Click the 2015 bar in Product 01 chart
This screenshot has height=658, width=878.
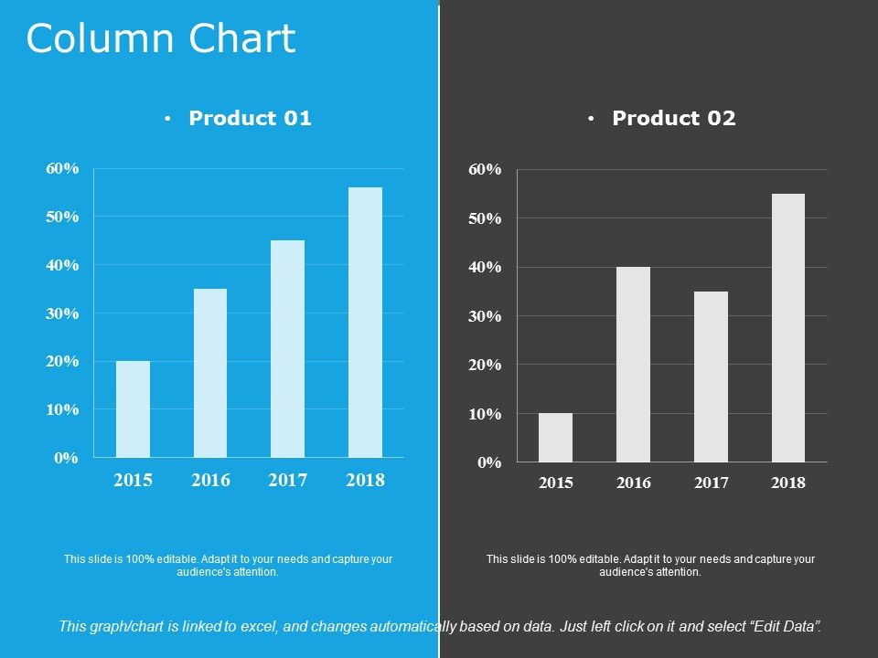click(133, 409)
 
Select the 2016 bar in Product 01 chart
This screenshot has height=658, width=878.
click(210, 373)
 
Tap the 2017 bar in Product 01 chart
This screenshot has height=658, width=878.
click(288, 349)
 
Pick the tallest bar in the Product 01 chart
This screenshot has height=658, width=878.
click(366, 323)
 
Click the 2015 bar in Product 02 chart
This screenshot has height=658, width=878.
click(555, 438)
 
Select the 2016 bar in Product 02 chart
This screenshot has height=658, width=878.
click(633, 365)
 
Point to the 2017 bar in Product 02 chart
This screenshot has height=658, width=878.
click(711, 377)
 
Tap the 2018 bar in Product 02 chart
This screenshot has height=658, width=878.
click(788, 328)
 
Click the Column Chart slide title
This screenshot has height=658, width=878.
click(161, 39)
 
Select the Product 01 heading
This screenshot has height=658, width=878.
click(250, 118)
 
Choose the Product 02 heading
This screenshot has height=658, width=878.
click(674, 118)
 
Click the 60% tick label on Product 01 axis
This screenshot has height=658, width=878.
click(62, 169)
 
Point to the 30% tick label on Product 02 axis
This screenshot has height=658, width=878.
click(486, 316)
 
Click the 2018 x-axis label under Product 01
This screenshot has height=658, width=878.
click(366, 481)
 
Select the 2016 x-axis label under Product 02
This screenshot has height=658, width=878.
click(633, 483)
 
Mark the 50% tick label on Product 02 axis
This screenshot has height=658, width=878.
click(486, 218)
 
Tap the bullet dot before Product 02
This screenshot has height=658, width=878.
click(592, 119)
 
